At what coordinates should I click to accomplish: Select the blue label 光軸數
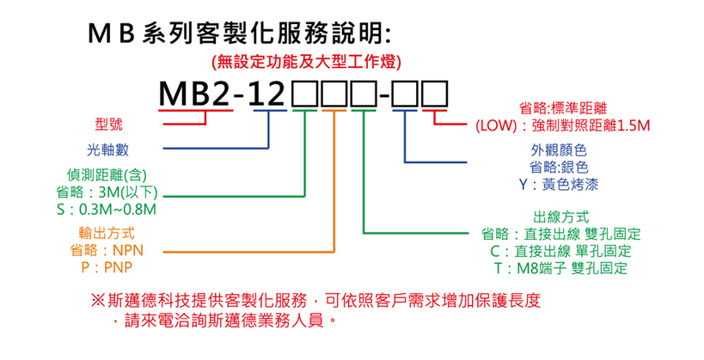tap(108, 149)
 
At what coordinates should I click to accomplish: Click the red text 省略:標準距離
tap(564, 109)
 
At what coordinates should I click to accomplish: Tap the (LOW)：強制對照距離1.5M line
tap(563, 126)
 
